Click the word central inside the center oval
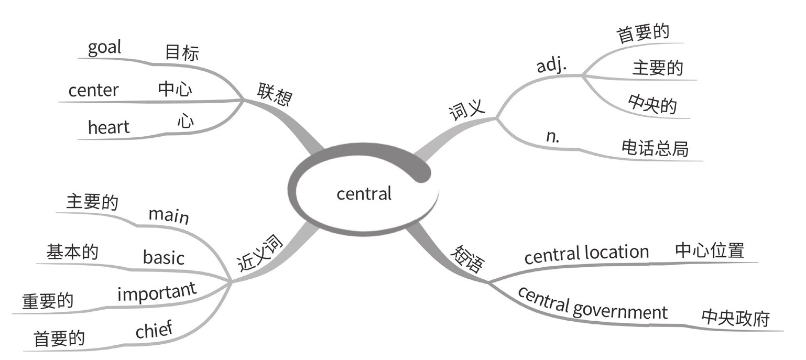pos(364,194)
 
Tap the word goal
pos(104,48)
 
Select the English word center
pos(93,90)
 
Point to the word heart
pos(108,126)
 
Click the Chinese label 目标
pos(182,53)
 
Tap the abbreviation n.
pos(552,136)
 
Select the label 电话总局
pos(655,148)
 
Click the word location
pos(617,253)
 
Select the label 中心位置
pos(710,250)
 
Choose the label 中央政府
pos(735,318)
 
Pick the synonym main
pos(168,215)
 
